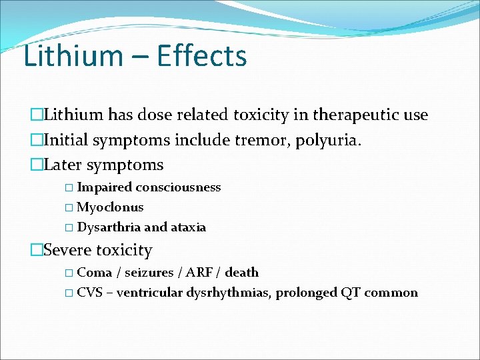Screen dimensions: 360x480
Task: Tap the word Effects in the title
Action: point(202,56)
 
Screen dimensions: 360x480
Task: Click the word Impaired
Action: point(103,187)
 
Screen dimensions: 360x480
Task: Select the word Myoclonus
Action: point(110,207)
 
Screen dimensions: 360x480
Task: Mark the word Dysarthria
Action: point(109,227)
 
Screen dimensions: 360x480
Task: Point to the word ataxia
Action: point(189,227)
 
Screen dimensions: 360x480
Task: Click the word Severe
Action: point(67,251)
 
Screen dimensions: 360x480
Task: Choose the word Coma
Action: point(95,272)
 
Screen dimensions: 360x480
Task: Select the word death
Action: point(242,272)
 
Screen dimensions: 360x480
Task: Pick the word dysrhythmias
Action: point(229,293)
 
